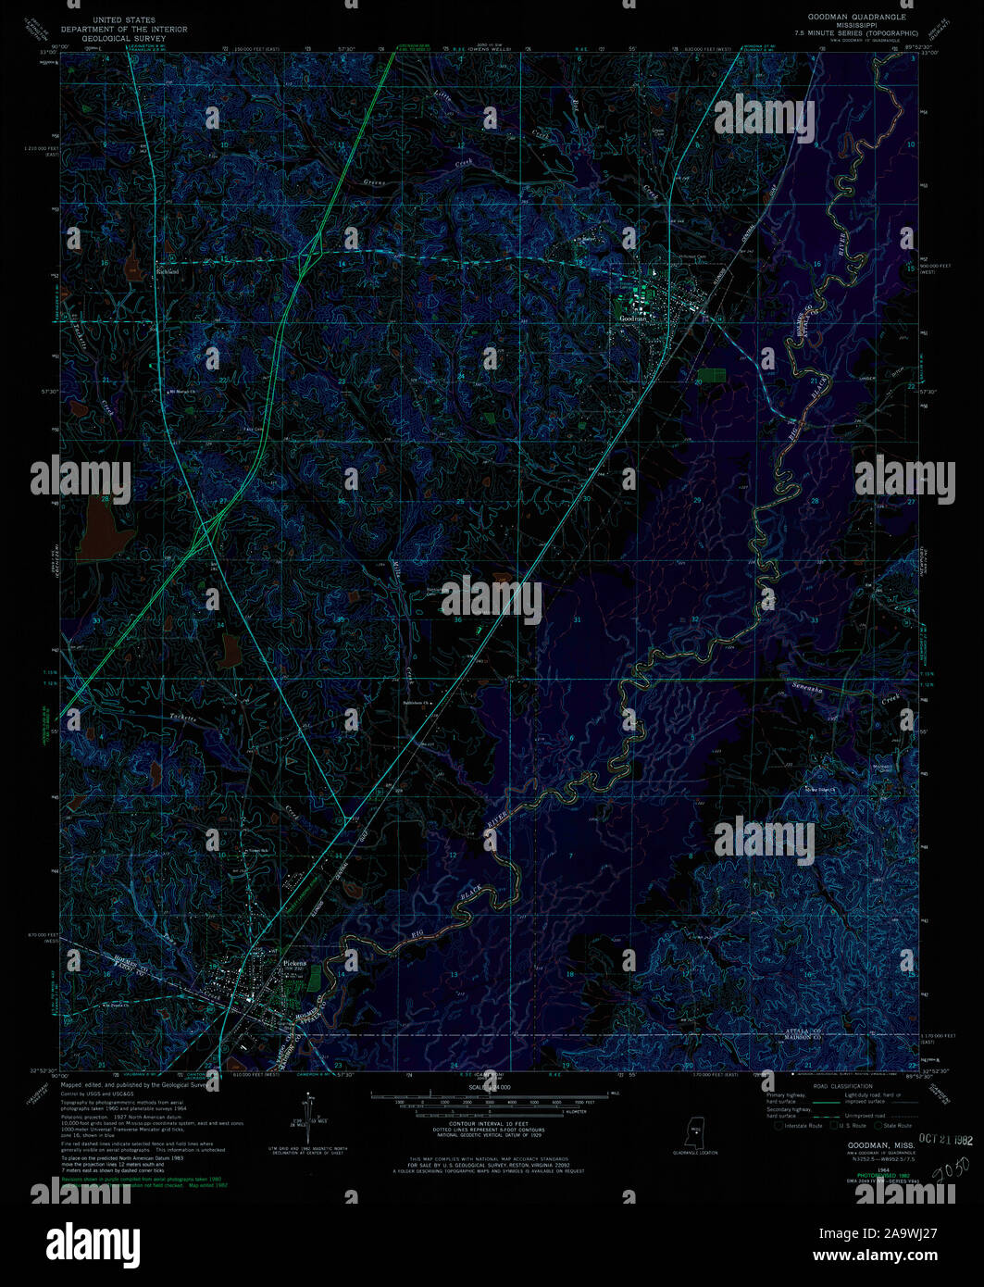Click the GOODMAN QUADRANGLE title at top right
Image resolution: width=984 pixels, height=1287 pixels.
point(857,18)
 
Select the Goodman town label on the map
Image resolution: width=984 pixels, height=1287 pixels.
point(637,318)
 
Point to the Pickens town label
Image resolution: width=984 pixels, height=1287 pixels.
point(293,962)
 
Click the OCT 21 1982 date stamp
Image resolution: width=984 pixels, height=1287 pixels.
point(944,1140)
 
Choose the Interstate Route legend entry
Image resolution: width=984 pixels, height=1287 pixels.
point(800,1125)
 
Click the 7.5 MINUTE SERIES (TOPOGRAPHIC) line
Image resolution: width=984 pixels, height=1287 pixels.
point(861,32)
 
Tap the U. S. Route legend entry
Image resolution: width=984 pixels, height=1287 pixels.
point(850,1125)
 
